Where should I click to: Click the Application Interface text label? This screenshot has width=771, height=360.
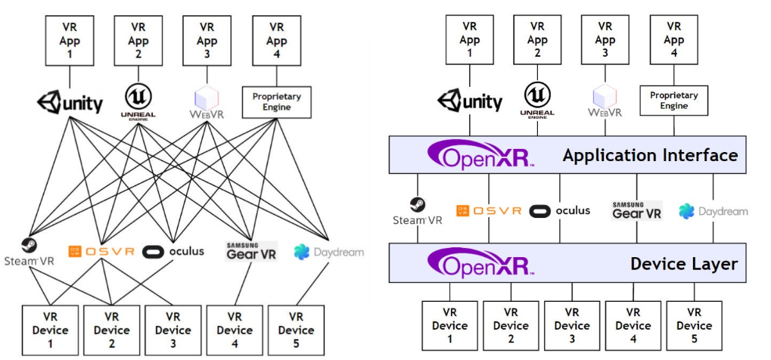pos(649,156)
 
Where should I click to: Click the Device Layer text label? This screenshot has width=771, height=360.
pos(683,264)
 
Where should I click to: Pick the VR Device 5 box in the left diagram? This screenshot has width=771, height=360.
pos(296,330)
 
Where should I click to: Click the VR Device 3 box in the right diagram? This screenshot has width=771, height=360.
pos(572,326)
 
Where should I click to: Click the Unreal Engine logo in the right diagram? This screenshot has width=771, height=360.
pos(538,101)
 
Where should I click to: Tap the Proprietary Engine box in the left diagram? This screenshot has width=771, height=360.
pos(276,102)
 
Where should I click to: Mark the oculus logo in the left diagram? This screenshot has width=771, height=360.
pos(174,251)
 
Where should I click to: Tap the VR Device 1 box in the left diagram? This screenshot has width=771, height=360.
pos(51,330)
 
